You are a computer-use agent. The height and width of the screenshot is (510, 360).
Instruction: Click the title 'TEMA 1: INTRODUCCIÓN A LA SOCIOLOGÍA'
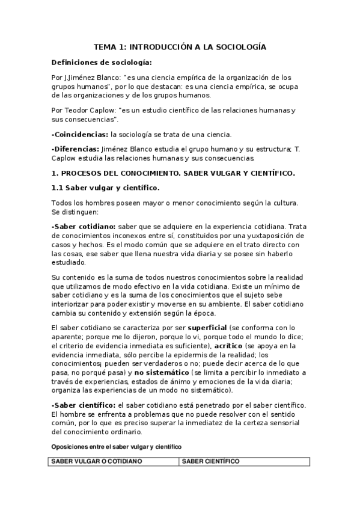click(180, 46)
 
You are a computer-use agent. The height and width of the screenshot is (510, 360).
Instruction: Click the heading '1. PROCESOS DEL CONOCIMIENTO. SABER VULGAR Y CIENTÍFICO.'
click(174, 173)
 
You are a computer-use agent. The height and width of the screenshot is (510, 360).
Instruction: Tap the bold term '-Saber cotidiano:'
click(84, 226)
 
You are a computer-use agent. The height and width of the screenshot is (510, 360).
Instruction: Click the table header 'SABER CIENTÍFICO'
click(210, 461)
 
